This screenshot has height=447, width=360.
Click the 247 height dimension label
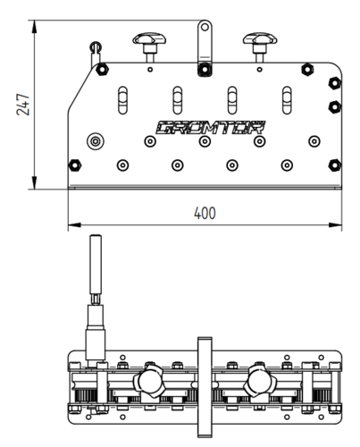click(23, 105)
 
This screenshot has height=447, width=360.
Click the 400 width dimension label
click(205, 213)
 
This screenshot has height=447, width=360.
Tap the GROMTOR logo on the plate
click(210, 128)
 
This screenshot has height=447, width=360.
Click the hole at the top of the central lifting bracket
click(205, 27)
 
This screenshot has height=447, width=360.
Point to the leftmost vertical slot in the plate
click(122, 100)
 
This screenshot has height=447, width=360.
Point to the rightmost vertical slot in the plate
click(287, 100)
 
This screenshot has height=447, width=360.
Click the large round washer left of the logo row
click(96, 141)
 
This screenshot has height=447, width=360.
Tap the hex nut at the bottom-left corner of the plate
click(75, 165)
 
